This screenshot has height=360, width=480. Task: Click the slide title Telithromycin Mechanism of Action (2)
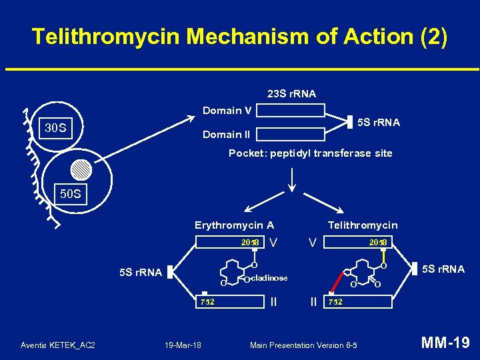click(x=239, y=37)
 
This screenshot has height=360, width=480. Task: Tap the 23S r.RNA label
click(x=291, y=93)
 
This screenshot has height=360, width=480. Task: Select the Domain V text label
click(x=227, y=111)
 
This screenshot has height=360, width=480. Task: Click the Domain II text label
click(x=227, y=135)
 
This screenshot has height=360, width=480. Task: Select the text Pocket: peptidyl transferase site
click(x=310, y=153)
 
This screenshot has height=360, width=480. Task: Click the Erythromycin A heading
click(x=234, y=225)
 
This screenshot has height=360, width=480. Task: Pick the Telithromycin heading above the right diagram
click(x=362, y=225)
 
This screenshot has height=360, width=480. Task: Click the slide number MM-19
click(x=445, y=343)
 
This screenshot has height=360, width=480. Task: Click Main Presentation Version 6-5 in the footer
click(x=303, y=345)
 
